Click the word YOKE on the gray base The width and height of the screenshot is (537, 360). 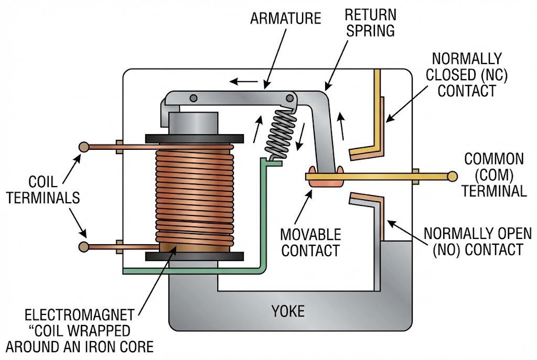point(288,311)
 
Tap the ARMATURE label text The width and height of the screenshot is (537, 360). point(285,19)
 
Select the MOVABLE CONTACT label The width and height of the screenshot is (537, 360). point(310,242)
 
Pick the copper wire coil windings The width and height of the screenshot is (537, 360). point(195,194)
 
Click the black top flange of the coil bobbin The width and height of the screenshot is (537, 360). point(194,138)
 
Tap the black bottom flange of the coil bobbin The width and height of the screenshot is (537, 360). point(194,256)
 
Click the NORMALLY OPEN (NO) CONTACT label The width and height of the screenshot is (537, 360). point(477,241)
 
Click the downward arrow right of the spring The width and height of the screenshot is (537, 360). point(300,138)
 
